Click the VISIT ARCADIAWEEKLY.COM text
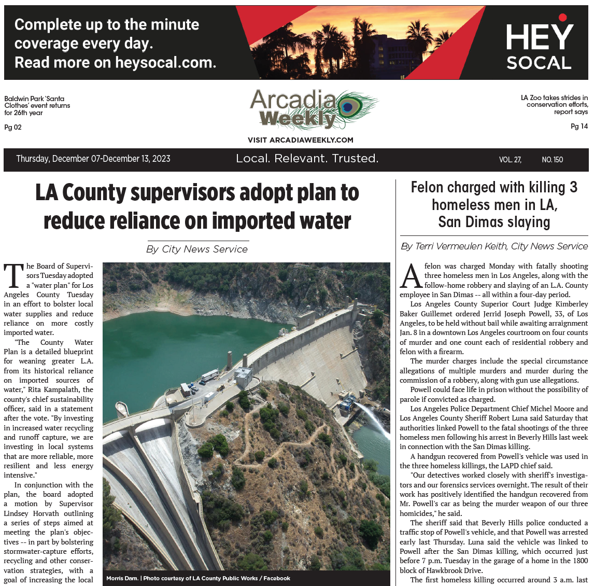pos(300,140)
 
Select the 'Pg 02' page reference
pos(13,127)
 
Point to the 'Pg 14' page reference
pos(579,126)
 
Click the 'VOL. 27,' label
pos(510,160)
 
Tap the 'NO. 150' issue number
pos(552,160)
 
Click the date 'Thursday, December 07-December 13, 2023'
pos(93,159)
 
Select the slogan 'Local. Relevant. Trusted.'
pos(307,159)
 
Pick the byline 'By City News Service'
pos(197,249)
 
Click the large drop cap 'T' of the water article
pos(13,275)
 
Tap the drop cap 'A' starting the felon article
pos(411,276)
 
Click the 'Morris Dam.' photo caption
pos(123,578)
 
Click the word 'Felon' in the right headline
pos(427,187)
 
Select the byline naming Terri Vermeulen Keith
pos(494,246)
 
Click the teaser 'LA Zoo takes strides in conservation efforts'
pos(554,104)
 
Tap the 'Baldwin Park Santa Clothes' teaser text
pos(37,105)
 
